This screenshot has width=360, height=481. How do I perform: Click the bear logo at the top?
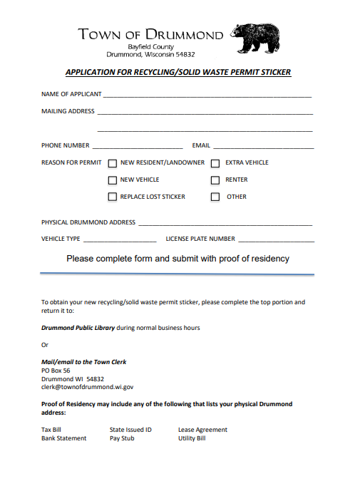coord(254,38)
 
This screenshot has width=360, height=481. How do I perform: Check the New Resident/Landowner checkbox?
coord(113,163)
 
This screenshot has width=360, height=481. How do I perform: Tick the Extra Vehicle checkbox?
coord(215,163)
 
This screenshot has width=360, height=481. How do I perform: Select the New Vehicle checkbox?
coord(113,180)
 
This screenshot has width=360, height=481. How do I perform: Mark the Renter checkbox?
coord(215,180)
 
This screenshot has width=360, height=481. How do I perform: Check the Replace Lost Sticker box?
coord(113,197)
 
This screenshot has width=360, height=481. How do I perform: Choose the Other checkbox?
coord(215,197)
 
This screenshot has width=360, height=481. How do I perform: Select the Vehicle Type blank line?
coord(118,241)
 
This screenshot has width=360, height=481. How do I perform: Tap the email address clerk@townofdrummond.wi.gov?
coord(87,387)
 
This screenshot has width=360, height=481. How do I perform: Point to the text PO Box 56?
coord(56,371)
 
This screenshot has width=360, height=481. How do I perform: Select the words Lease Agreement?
coord(202,430)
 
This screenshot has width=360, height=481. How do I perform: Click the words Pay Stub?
coord(123,438)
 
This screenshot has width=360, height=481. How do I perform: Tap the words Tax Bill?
coord(51,430)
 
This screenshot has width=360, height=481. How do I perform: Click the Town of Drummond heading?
coord(150,35)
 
